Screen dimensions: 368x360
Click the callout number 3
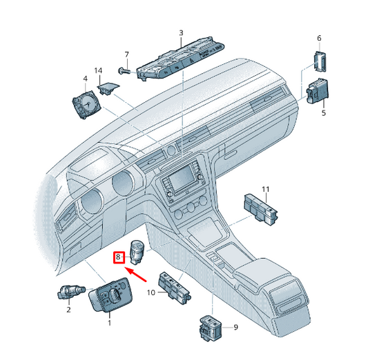tap(181, 33)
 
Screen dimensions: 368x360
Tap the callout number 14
tap(98, 70)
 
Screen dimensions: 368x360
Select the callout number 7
tap(127, 54)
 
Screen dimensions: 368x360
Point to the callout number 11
tap(266, 189)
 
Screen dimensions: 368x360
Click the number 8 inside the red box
tap(118, 257)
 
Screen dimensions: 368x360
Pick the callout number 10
tap(151, 292)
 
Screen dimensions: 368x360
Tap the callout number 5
tap(324, 113)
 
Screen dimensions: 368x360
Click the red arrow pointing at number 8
tap(136, 274)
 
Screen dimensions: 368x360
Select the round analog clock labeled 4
tap(86, 105)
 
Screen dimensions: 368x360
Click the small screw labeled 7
tap(124, 71)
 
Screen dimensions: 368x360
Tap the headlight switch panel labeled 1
tap(110, 295)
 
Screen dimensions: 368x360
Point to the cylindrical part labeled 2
tap(71, 292)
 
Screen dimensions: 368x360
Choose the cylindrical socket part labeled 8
tap(137, 252)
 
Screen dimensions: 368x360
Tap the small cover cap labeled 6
tap(320, 61)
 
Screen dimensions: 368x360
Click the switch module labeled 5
tap(318, 91)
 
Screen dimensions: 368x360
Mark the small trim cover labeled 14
tap(108, 88)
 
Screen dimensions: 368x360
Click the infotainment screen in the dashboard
tap(183, 178)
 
